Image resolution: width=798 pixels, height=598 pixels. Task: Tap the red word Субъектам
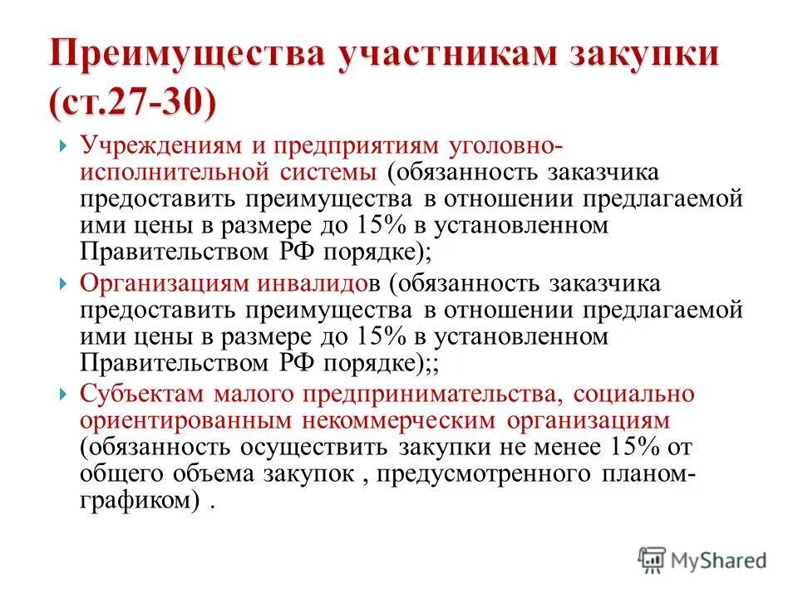coord(131,393)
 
